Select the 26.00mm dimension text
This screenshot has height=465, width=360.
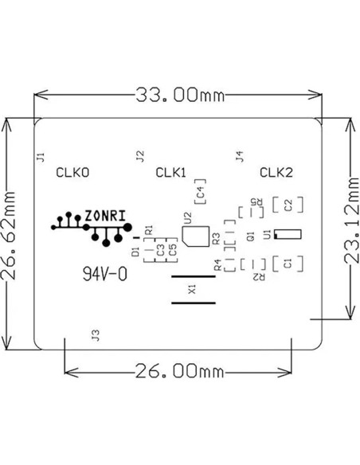(x=178, y=371)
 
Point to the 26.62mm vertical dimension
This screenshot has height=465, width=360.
(x=10, y=234)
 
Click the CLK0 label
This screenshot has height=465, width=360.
(x=72, y=172)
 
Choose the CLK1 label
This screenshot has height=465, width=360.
(x=170, y=172)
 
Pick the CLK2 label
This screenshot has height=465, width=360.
(x=277, y=172)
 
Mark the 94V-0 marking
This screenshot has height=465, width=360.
(x=104, y=274)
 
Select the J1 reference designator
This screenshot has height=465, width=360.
(x=41, y=155)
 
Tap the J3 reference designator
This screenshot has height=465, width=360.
(x=96, y=335)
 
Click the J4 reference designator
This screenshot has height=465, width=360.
(x=239, y=155)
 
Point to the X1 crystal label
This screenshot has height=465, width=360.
(x=191, y=291)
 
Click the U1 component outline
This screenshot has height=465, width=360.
(x=288, y=233)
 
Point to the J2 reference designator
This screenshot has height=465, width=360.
(x=140, y=155)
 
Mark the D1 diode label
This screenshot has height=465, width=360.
(x=135, y=252)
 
